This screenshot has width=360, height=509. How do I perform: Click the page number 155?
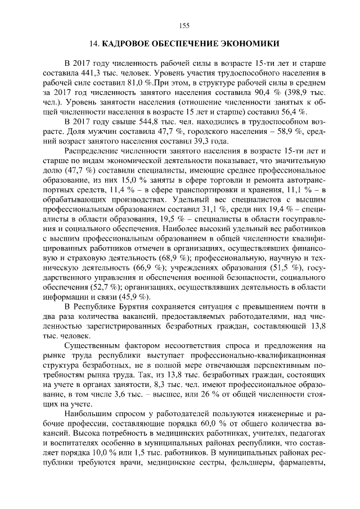[x=184, y=25]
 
